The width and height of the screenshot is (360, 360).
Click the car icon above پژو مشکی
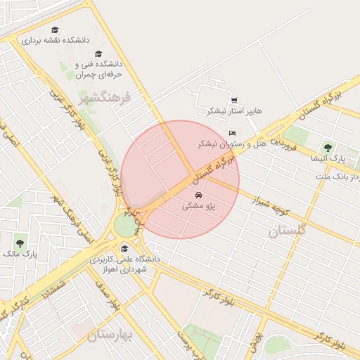pyautogui.click(x=198, y=195)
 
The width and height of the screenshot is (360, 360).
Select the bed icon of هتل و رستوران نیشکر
pyautogui.click(x=233, y=133)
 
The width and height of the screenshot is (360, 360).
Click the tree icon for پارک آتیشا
pyautogui.click(x=328, y=148)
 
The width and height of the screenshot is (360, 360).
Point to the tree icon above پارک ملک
pyautogui.click(x=20, y=243)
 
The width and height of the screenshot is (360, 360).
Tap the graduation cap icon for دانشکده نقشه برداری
pyautogui.click(x=55, y=30)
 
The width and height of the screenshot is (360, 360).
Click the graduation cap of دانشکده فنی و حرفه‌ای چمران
pyautogui.click(x=98, y=53)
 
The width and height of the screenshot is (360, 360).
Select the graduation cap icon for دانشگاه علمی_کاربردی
pyautogui.click(x=124, y=247)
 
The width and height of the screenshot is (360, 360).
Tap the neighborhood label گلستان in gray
pyautogui.click(x=288, y=229)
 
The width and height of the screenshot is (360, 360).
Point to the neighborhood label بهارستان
pyautogui.click(x=111, y=336)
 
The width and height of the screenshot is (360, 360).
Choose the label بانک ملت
pyautogui.click(x=345, y=175)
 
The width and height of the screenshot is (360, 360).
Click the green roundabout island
pyautogui.click(x=126, y=226)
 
